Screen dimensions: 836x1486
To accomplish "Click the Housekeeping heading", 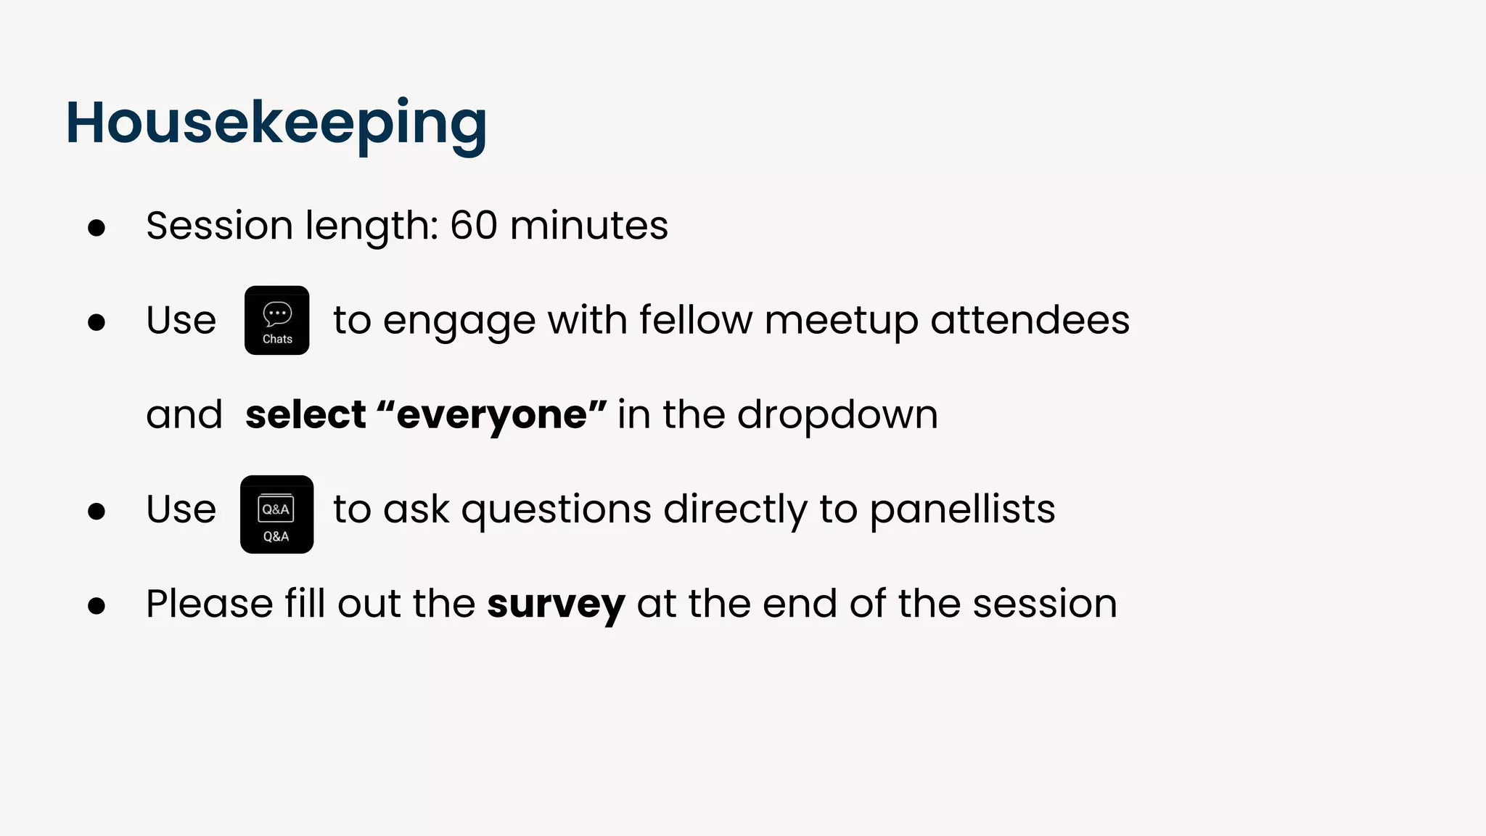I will pos(276,123).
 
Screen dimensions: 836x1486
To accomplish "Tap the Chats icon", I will pos(276,320).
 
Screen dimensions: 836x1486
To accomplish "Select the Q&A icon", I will pos(276,515).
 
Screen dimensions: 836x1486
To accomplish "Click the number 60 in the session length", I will pos(473,225).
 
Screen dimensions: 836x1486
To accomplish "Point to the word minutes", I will pos(588,225).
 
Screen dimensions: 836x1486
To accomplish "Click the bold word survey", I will pos(555,604).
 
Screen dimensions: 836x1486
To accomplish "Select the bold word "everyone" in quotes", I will pos(491,415).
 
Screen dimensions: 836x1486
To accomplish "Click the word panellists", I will pos(962,509).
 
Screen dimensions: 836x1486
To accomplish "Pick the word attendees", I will pos(1030,320).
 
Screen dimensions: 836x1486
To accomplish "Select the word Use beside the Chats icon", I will pos(181,320).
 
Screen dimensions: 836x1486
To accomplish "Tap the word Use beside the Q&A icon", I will pos(181,509).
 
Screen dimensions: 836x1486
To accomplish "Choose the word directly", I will pos(735,509).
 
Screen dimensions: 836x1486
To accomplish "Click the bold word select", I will pos(305,415).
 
